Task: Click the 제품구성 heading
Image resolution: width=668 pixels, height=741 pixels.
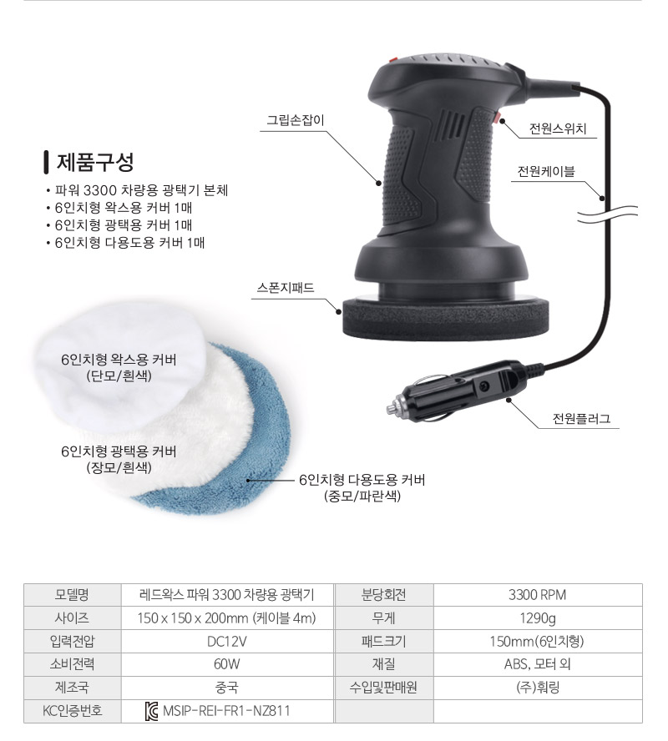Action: [x=95, y=162]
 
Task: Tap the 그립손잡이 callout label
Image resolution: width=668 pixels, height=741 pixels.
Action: [x=296, y=120]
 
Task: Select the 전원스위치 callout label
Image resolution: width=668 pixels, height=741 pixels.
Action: [x=558, y=129]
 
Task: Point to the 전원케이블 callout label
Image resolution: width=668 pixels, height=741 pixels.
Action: [x=546, y=171]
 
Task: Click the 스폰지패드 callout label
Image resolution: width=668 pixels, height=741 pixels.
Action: [x=286, y=288]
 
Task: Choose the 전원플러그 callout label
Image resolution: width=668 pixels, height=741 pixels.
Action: [x=581, y=418]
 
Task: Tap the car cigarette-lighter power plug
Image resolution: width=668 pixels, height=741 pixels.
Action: [x=458, y=391]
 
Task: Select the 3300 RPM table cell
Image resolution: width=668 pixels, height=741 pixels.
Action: [x=538, y=595]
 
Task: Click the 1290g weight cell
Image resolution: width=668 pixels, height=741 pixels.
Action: [x=538, y=618]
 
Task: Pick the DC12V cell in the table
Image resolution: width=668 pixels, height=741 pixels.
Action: [x=227, y=642]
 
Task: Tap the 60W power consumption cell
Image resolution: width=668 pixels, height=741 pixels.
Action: [x=227, y=664]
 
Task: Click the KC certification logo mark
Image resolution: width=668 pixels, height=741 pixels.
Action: [x=152, y=711]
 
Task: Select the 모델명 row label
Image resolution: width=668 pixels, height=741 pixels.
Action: [x=72, y=595]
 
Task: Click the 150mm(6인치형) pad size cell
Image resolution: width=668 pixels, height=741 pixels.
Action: [x=538, y=642]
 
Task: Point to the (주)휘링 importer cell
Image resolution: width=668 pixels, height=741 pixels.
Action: [x=538, y=687]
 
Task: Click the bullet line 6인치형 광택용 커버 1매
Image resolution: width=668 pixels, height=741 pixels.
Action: [x=124, y=225]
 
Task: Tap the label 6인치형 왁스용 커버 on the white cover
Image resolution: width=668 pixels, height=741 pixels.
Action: [x=119, y=360]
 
